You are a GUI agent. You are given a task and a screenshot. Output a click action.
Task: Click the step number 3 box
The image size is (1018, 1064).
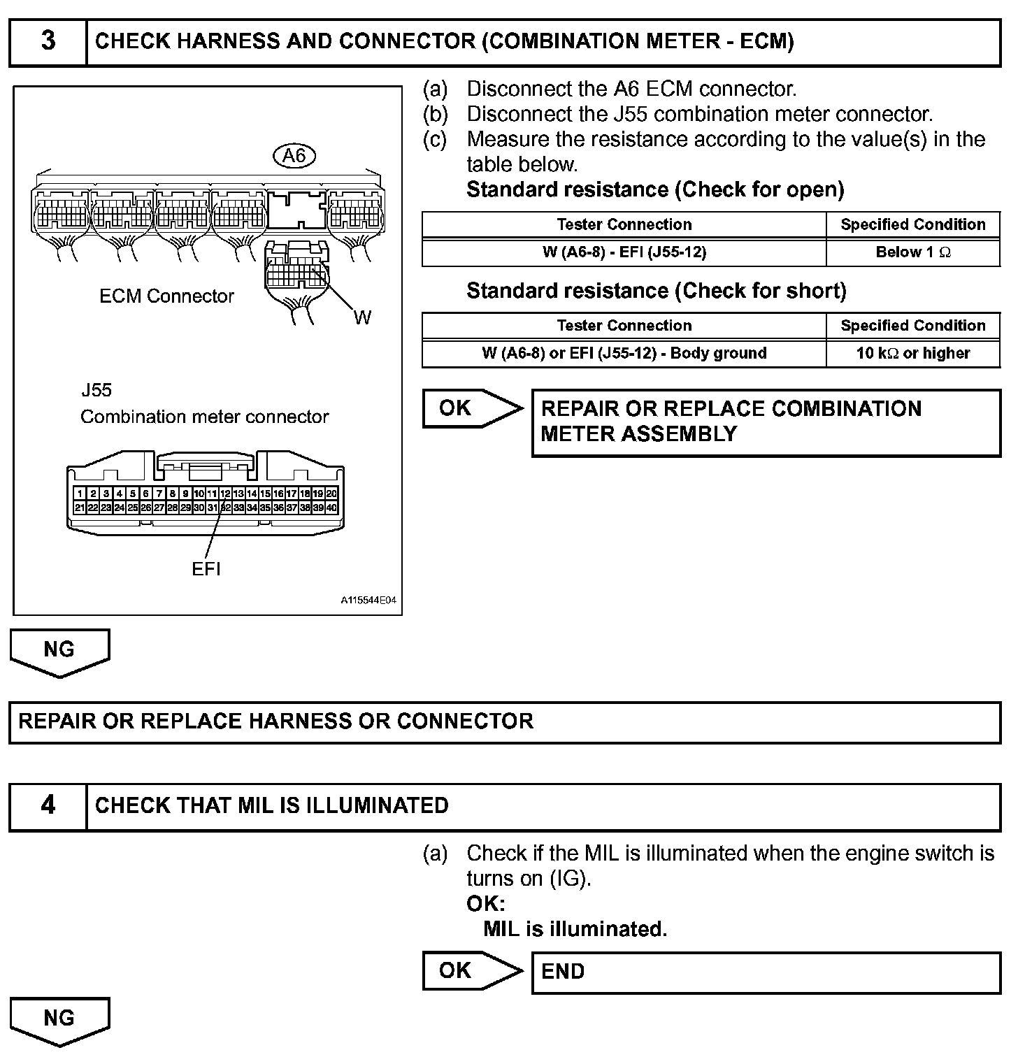click(48, 42)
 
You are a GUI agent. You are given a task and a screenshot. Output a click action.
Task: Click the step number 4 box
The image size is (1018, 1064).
click(48, 806)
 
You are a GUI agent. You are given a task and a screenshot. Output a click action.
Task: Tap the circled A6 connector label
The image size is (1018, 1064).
click(294, 156)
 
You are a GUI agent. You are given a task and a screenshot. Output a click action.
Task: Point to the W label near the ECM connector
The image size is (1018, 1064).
click(362, 318)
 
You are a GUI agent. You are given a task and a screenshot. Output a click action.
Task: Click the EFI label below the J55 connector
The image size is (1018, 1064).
click(206, 569)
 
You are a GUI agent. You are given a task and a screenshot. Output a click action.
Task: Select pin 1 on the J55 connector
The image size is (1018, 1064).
click(80, 494)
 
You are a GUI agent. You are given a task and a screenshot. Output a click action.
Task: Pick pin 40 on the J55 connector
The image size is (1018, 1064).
click(331, 508)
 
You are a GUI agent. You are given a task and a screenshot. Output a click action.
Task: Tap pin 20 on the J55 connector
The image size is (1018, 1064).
click(331, 494)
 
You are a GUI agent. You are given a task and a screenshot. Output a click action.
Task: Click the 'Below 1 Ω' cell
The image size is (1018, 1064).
click(912, 252)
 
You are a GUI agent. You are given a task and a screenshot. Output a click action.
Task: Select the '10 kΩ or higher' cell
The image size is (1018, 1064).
click(912, 353)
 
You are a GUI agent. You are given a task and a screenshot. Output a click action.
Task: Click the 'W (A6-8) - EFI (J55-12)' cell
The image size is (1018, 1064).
click(624, 252)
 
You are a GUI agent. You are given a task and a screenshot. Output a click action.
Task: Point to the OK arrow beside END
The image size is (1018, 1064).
click(473, 971)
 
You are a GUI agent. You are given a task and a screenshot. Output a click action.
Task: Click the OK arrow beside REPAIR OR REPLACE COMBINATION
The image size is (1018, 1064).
click(473, 408)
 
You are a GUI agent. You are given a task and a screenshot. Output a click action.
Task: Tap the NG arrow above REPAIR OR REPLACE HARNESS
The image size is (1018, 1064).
click(59, 652)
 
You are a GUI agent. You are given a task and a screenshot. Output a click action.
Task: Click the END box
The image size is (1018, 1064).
click(766, 972)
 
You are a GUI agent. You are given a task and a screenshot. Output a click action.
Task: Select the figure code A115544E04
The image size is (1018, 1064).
click(368, 601)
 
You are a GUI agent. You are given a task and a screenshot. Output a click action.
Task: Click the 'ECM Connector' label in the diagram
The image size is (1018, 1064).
click(166, 296)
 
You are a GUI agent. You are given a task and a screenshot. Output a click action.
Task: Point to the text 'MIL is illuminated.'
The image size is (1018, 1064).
click(575, 929)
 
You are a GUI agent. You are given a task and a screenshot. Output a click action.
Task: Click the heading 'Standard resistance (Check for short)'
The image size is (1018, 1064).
click(656, 291)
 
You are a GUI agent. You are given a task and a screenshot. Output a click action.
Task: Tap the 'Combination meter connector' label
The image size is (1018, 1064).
click(204, 417)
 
